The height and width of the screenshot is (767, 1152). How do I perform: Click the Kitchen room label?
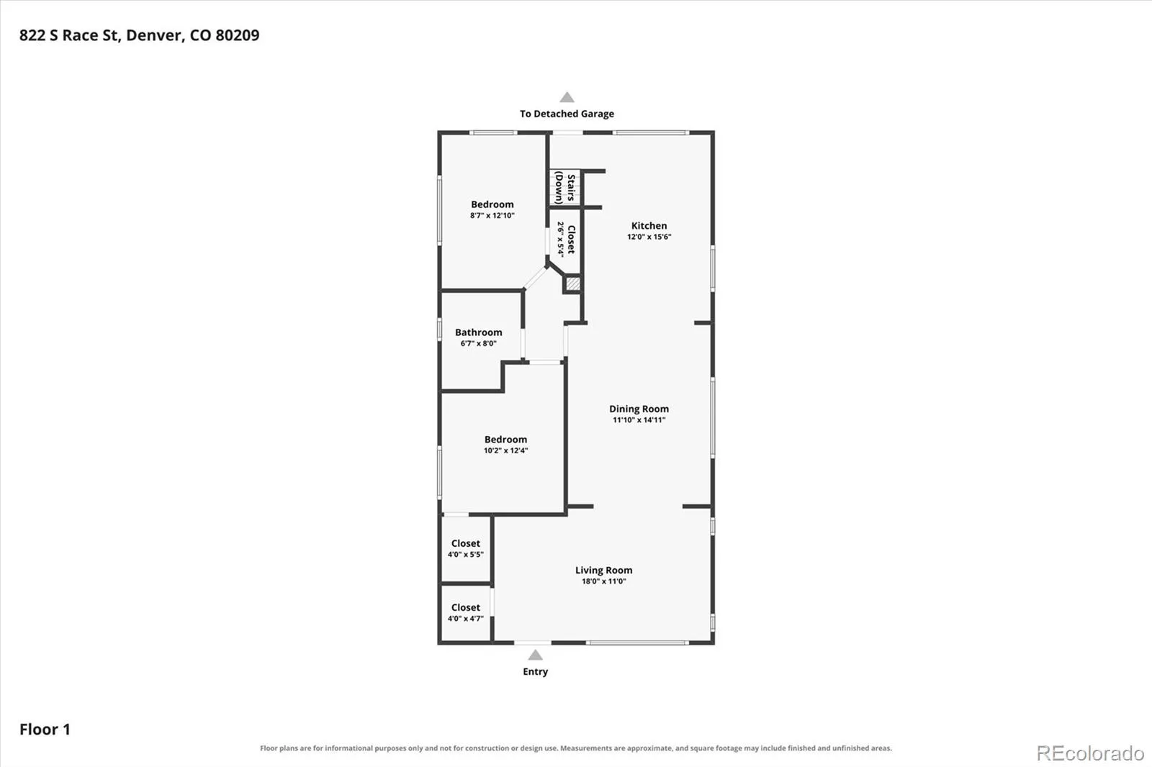[649, 226]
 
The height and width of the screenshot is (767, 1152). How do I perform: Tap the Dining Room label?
[639, 409]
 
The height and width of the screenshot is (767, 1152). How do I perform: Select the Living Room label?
[604, 570]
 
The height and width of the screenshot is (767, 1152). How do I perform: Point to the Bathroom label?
[478, 332]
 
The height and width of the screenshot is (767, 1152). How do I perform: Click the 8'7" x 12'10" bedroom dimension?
[492, 215]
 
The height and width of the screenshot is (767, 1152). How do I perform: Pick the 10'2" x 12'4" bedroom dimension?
[505, 450]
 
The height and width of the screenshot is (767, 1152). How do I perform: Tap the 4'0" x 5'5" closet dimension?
[465, 554]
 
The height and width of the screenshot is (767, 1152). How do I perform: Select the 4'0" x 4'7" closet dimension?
[465, 619]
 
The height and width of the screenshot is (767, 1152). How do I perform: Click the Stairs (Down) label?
[564, 188]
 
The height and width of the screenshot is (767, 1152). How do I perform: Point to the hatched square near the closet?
[573, 283]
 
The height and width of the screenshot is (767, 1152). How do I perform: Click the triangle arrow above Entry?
[536, 655]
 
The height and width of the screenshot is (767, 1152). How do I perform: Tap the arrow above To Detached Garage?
[567, 97]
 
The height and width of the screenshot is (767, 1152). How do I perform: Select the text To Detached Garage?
[567, 114]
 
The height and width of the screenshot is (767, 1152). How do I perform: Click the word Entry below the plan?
[536, 671]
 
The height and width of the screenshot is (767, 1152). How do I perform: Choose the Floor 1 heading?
[45, 730]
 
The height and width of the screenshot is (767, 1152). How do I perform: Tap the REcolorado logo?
[1090, 753]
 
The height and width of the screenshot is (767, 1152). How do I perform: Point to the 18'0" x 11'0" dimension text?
[604, 581]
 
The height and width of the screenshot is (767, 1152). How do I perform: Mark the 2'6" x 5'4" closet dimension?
[561, 239]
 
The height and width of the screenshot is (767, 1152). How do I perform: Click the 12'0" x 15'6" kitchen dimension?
[649, 237]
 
